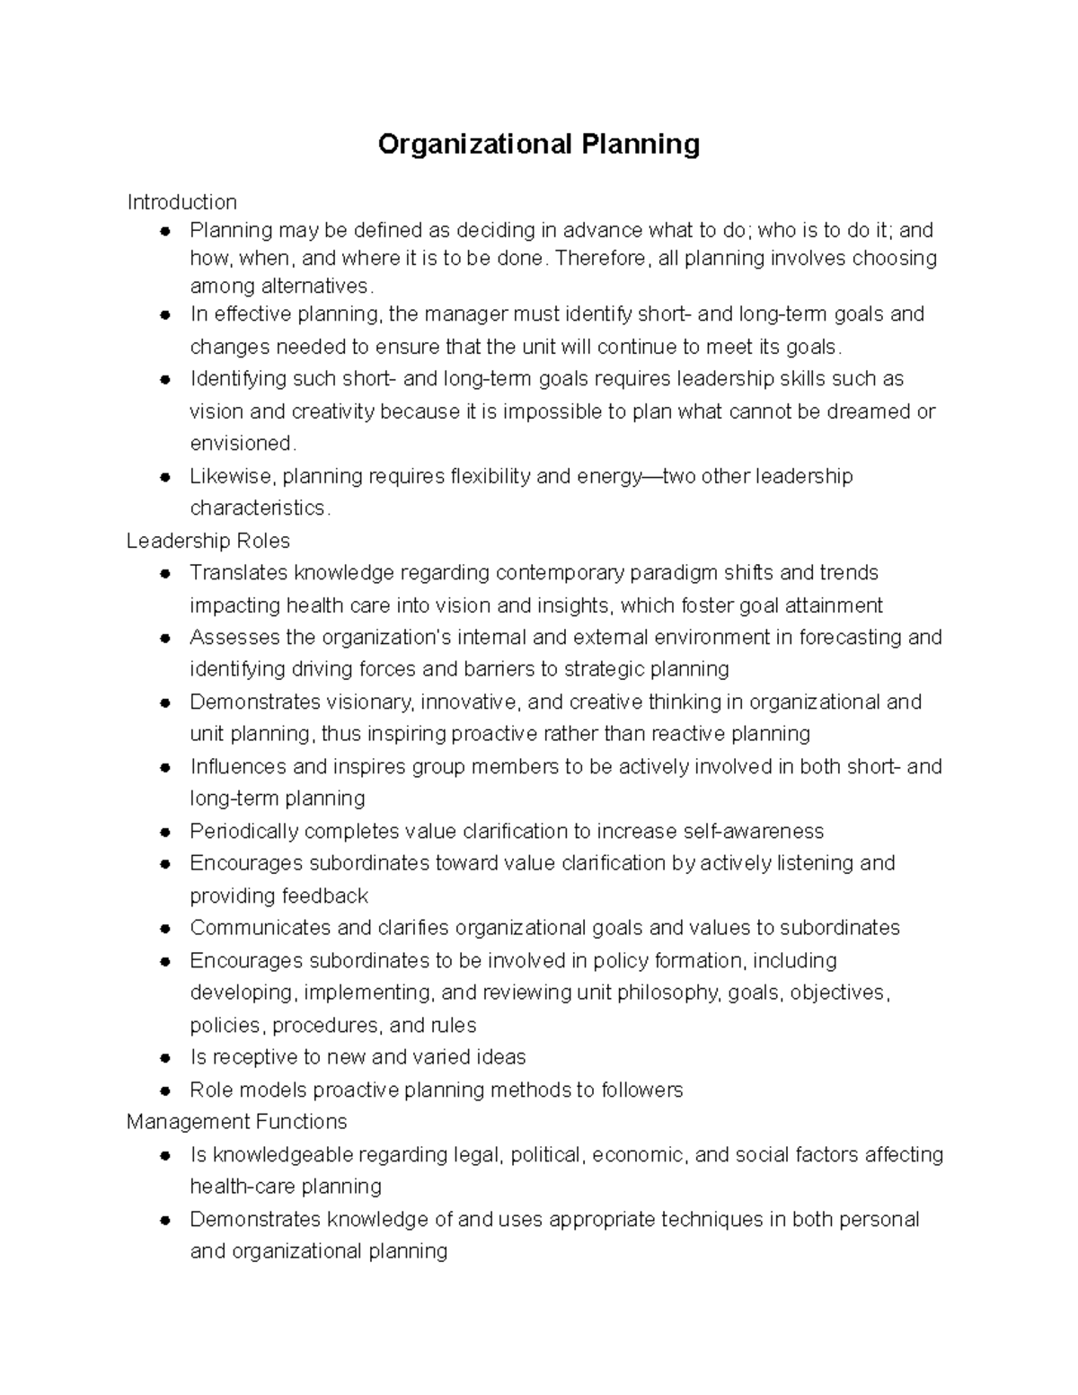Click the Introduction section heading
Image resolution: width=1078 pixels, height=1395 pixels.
point(181,202)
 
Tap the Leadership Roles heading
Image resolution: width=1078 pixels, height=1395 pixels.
point(208,541)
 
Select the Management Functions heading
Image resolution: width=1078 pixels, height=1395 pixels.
point(236,1122)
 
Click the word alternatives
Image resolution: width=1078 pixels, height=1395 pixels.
point(314,287)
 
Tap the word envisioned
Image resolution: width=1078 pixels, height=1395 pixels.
point(241,444)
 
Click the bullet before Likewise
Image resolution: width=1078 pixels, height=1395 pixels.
point(164,477)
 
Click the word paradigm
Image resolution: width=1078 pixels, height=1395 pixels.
point(673,573)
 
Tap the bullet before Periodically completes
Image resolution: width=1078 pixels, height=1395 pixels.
point(164,833)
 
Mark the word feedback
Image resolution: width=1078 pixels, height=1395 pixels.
point(324,896)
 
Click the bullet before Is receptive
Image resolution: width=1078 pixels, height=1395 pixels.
point(164,1058)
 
